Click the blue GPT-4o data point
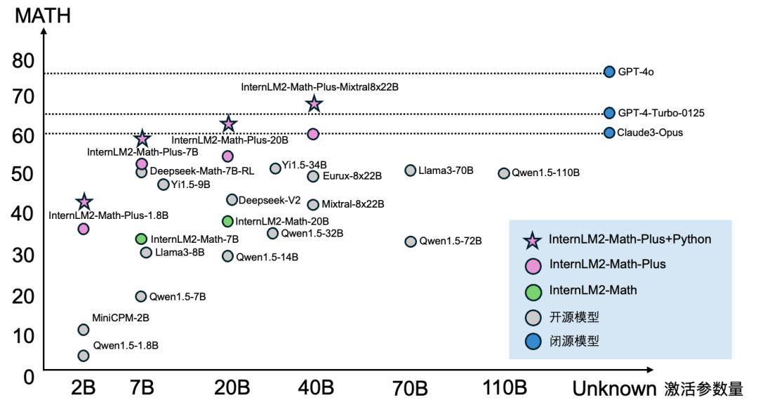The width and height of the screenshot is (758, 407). (609, 72)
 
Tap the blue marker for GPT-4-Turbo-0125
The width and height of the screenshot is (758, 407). (609, 113)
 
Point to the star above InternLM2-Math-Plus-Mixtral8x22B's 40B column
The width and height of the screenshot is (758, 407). (314, 105)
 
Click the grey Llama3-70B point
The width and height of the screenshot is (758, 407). (411, 171)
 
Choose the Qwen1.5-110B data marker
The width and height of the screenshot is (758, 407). (503, 173)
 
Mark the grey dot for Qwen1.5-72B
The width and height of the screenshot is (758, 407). (411, 241)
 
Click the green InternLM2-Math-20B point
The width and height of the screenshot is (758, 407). (227, 222)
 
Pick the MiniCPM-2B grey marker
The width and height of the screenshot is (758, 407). (84, 330)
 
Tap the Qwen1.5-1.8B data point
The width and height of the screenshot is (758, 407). (84, 356)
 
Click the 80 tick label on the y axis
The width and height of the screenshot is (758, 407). (23, 61)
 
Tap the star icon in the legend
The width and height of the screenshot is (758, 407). (533, 240)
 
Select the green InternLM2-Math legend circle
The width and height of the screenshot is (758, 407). (533, 291)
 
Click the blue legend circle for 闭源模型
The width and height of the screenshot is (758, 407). (533, 342)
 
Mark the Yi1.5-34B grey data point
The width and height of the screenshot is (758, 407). (275, 168)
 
